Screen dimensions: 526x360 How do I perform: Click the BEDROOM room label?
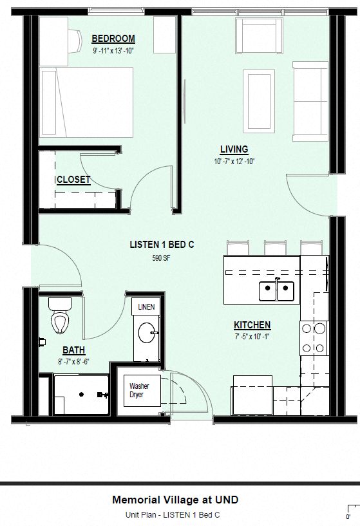tap(113, 39)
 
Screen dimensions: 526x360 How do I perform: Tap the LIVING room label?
tap(233, 149)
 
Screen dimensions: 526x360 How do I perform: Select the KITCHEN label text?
tap(252, 325)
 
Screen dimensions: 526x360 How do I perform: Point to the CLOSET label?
tap(73, 180)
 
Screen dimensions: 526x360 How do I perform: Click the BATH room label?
tap(73, 350)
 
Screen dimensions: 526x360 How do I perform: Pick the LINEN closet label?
tap(146, 308)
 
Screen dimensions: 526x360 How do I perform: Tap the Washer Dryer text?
tap(139, 390)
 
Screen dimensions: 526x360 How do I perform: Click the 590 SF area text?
tap(161, 258)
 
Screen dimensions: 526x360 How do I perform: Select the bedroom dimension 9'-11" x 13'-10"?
tap(113, 50)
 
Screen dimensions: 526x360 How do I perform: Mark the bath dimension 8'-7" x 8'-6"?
tap(73, 361)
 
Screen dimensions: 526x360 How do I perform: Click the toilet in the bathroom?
tap(59, 317)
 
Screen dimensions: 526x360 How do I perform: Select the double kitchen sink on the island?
tap(276, 291)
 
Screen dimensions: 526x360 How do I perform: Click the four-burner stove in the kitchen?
tap(313, 338)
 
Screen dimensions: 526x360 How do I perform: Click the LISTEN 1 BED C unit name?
tap(162, 245)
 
